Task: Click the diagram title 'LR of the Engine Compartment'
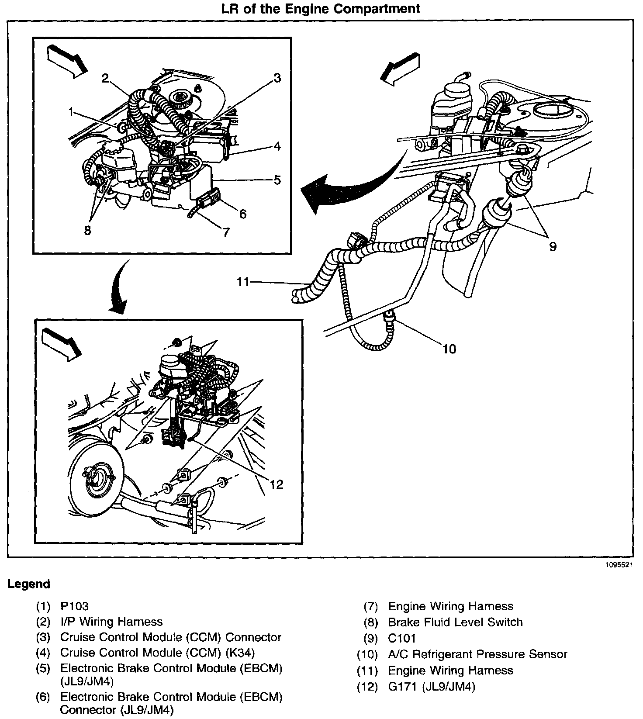321,8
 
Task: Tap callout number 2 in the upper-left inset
105,78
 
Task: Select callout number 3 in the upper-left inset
277,79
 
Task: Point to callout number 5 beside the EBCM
277,180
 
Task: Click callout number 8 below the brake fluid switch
88,231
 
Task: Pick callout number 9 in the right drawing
553,247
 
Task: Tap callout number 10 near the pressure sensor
449,349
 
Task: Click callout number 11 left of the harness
243,282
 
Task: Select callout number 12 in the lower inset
277,484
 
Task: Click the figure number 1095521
619,564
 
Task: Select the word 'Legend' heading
28,584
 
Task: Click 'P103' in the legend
74,606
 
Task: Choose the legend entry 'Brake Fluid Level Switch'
455,622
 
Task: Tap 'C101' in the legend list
402,638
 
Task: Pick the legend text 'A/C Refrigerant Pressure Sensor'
477,654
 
